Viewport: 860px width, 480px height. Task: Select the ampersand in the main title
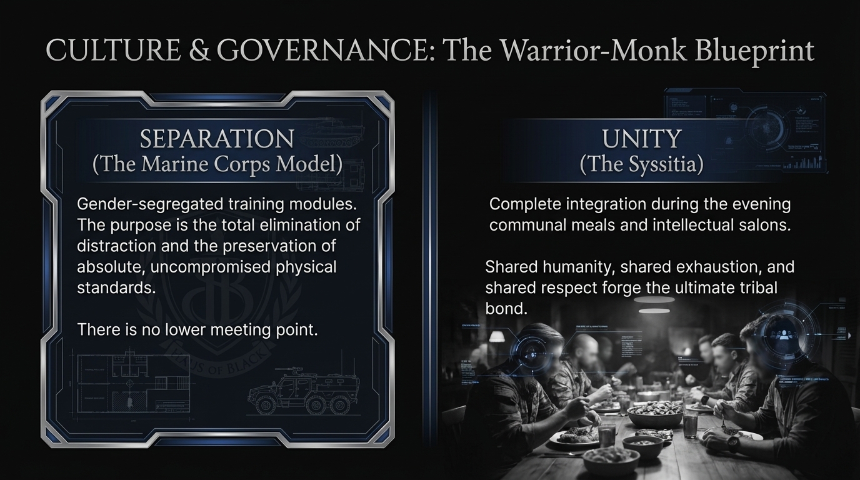[x=200, y=51]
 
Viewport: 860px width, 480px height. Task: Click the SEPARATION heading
[x=217, y=139]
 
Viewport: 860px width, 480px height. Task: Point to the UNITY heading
[x=641, y=139]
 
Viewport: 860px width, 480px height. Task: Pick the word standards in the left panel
[x=116, y=287]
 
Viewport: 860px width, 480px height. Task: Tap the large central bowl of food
[x=654, y=412]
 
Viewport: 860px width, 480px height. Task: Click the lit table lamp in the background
[x=497, y=336]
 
